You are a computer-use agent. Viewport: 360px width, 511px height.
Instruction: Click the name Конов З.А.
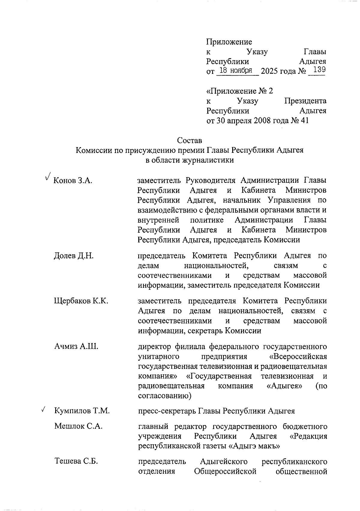(x=72, y=181)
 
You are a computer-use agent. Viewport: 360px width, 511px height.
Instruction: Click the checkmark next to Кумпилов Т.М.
(x=43, y=409)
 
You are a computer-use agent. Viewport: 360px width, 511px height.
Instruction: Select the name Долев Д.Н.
(x=74, y=256)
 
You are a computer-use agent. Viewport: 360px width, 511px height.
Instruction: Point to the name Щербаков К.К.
(x=81, y=301)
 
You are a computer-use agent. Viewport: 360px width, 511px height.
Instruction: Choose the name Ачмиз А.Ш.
(x=76, y=346)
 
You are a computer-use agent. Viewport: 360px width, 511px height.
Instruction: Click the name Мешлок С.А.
(x=78, y=426)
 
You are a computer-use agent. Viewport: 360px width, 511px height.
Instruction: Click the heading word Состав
(x=189, y=140)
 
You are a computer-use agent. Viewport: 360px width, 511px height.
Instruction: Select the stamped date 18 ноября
(x=235, y=71)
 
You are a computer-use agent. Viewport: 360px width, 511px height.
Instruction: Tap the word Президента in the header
(x=305, y=101)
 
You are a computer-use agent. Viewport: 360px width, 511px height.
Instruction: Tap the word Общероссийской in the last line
(x=225, y=471)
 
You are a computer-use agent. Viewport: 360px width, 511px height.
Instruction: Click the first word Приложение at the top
(x=229, y=42)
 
